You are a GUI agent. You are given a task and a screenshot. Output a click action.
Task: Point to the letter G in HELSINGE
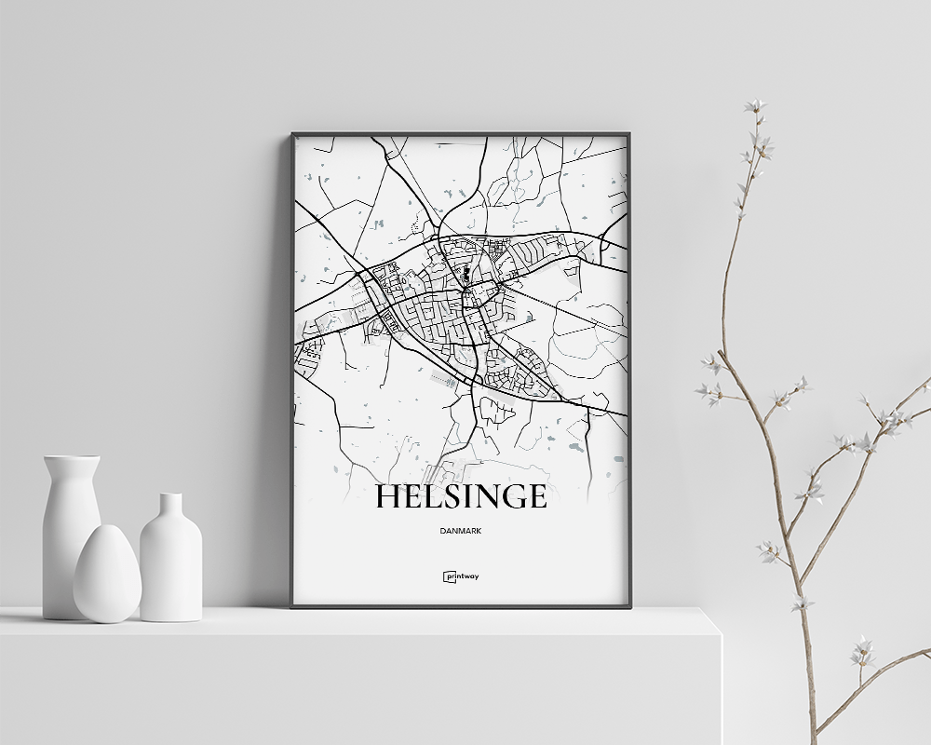click(x=511, y=497)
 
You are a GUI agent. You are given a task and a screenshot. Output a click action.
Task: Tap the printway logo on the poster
click(x=461, y=576)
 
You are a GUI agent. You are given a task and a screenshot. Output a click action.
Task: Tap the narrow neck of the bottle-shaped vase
click(x=170, y=508)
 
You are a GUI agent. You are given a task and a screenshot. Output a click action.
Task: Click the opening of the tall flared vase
click(x=72, y=458)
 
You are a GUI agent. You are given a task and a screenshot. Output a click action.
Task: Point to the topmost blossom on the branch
click(x=754, y=106)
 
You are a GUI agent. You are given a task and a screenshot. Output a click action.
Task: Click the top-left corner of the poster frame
click(x=293, y=135)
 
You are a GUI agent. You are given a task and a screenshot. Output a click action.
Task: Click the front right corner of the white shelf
click(x=721, y=635)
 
